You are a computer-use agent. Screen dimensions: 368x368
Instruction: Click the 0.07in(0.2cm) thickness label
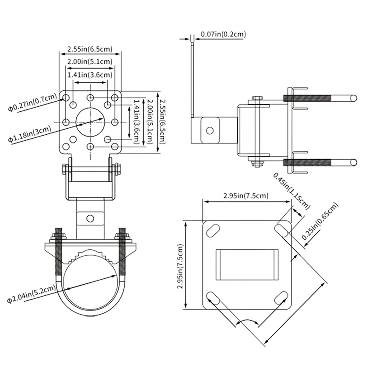tap(223, 34)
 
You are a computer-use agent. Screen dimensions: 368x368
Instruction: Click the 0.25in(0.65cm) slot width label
tap(320, 221)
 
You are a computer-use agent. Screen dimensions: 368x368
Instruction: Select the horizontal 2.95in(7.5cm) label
tap(246, 196)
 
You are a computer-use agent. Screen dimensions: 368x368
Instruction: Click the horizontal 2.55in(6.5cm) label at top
tap(90, 48)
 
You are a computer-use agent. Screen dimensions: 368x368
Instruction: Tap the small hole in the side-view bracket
tap(210, 131)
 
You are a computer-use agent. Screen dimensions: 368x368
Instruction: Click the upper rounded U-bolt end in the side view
tap(353, 98)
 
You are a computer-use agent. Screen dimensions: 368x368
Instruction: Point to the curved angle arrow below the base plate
tap(248, 321)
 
